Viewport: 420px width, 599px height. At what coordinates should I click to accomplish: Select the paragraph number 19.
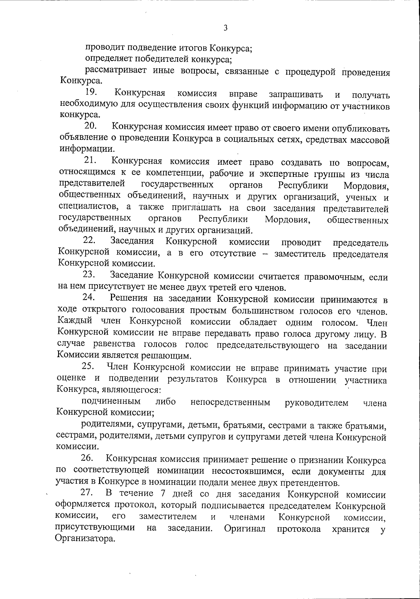click(x=91, y=93)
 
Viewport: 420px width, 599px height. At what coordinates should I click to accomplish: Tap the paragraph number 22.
click(x=90, y=241)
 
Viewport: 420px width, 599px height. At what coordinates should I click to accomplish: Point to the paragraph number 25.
click(x=89, y=367)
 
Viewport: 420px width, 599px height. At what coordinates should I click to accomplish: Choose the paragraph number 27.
click(x=87, y=493)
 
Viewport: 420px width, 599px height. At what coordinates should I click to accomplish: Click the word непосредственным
click(x=230, y=402)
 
